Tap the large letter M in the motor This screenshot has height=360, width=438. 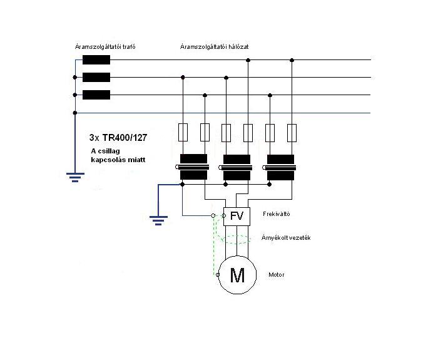237,275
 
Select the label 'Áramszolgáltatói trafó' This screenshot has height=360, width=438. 105,47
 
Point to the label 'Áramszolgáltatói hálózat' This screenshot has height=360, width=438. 214,47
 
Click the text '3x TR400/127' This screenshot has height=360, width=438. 118,138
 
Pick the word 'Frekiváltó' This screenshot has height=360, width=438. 277,214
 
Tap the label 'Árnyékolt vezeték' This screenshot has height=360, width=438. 286,238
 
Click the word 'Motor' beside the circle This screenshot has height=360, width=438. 277,275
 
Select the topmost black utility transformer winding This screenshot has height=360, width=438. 96,60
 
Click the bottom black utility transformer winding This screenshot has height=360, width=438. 96,95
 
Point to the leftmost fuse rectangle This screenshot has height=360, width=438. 183,133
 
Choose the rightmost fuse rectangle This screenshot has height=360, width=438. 292,133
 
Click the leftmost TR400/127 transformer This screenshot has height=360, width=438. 193,167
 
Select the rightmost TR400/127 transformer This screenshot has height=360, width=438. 280,167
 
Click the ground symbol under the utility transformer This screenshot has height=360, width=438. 75,177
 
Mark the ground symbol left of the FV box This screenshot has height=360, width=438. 158,220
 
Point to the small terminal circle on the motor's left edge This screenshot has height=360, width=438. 218,275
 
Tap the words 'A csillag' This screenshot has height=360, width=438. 105,151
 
